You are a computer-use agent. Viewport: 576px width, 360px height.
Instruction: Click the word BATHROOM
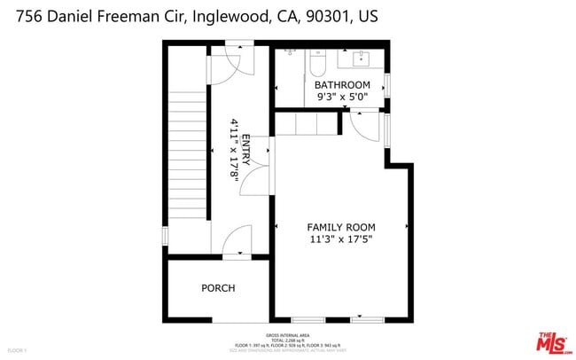coord(342,85)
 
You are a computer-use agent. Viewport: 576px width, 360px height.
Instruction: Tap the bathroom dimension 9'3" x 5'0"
coord(342,98)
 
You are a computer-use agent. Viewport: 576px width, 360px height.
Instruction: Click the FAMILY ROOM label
coord(341,227)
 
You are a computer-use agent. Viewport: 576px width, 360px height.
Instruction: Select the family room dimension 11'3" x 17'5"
coord(341,239)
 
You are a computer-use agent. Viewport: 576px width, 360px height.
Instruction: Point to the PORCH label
coord(217,288)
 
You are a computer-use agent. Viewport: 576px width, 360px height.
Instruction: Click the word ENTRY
coord(245,149)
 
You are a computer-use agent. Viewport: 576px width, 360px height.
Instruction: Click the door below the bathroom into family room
coord(365,124)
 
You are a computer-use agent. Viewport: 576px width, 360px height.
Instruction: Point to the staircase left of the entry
coord(187,151)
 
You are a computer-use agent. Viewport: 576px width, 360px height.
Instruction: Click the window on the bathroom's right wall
coord(387,84)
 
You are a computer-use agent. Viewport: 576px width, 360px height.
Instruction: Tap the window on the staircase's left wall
coord(165,237)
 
